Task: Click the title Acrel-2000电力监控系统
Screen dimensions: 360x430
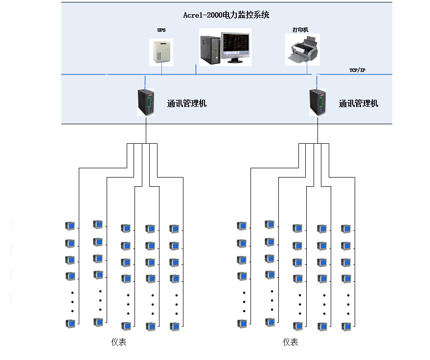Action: tap(226, 15)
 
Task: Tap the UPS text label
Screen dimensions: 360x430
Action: tap(161, 30)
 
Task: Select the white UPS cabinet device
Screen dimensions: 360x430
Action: tap(161, 51)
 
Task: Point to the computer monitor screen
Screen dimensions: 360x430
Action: tap(236, 45)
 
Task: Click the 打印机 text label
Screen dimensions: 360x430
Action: tap(300, 30)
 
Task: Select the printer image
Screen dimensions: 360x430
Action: tap(302, 49)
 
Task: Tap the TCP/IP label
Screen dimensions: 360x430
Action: tap(357, 70)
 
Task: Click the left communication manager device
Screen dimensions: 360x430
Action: tap(146, 102)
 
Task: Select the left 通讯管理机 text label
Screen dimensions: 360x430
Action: tap(187, 104)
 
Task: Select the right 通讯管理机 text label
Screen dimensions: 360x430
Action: tap(359, 104)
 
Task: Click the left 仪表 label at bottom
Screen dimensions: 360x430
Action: tap(118, 342)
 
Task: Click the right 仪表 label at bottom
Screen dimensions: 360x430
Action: tap(290, 342)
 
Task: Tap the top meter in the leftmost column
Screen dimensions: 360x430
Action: tap(70, 225)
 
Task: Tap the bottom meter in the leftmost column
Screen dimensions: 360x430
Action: tap(70, 323)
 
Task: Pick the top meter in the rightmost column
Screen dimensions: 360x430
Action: tap(346, 228)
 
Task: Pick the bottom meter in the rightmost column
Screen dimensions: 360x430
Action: tap(346, 326)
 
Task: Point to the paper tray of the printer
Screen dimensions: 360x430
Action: tap(297, 60)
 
